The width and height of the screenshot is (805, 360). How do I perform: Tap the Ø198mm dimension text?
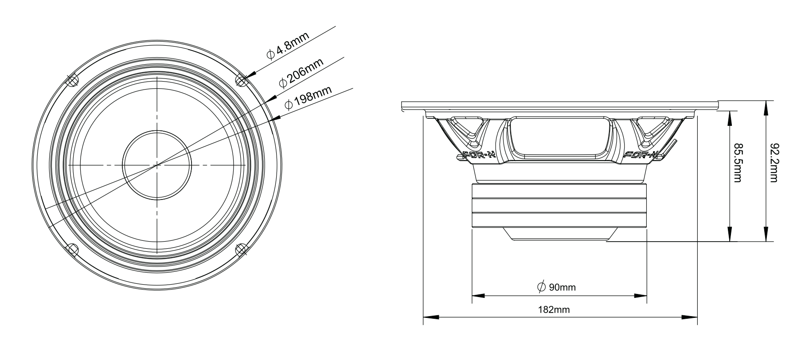point(308,98)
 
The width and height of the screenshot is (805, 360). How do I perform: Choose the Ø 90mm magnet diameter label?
point(556,287)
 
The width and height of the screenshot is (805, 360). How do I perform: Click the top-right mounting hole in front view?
point(241,80)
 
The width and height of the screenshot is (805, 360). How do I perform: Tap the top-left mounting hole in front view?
point(72,80)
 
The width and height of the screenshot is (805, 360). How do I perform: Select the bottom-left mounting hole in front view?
point(72,249)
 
